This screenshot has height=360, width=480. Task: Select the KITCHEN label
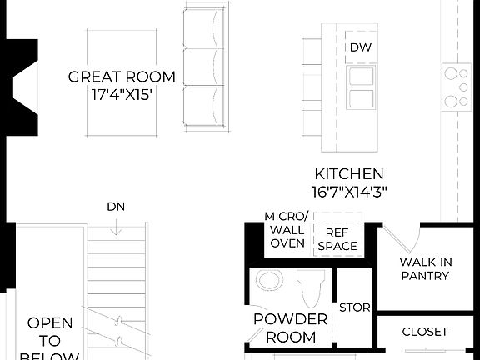pyautogui.click(x=349, y=174)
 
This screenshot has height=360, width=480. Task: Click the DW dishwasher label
pyautogui.click(x=360, y=47)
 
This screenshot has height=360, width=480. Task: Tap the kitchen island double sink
pyautogui.click(x=360, y=88)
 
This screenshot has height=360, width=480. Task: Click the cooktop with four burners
pyautogui.click(x=457, y=87)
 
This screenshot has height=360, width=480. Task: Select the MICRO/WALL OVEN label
pyautogui.click(x=287, y=230)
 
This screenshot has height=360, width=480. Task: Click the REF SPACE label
pyautogui.click(x=337, y=239)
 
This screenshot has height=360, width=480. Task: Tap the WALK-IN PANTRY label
pyautogui.click(x=425, y=268)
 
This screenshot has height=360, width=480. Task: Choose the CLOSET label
pyautogui.click(x=425, y=332)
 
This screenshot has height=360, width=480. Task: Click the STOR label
pyautogui.click(x=354, y=307)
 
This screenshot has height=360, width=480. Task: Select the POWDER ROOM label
pyautogui.click(x=290, y=328)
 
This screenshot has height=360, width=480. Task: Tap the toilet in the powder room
pyautogui.click(x=311, y=287)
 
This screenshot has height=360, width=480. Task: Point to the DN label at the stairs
pyautogui.click(x=116, y=206)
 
